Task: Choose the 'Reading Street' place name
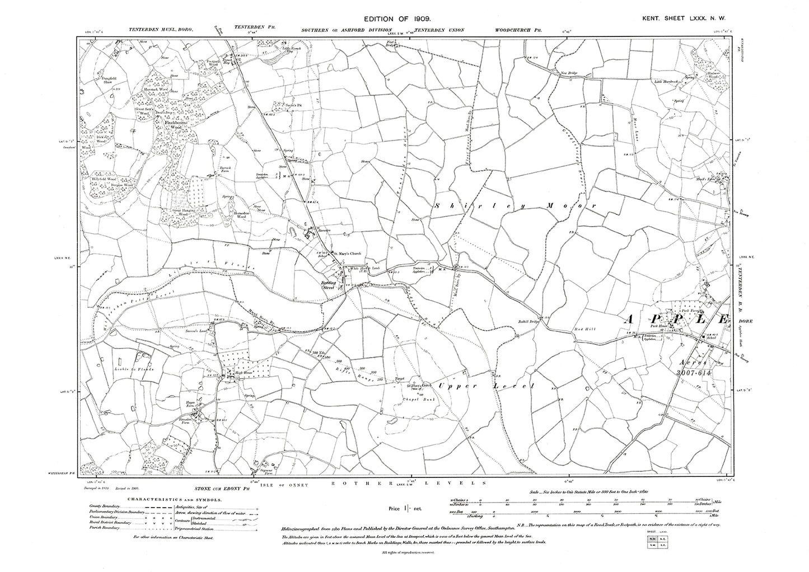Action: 338,284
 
